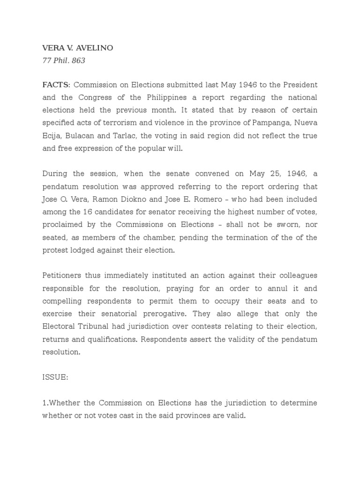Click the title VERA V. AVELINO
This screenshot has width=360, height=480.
coord(77,48)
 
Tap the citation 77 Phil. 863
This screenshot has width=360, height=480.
coord(64,60)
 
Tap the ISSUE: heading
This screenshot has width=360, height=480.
coord(55,377)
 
